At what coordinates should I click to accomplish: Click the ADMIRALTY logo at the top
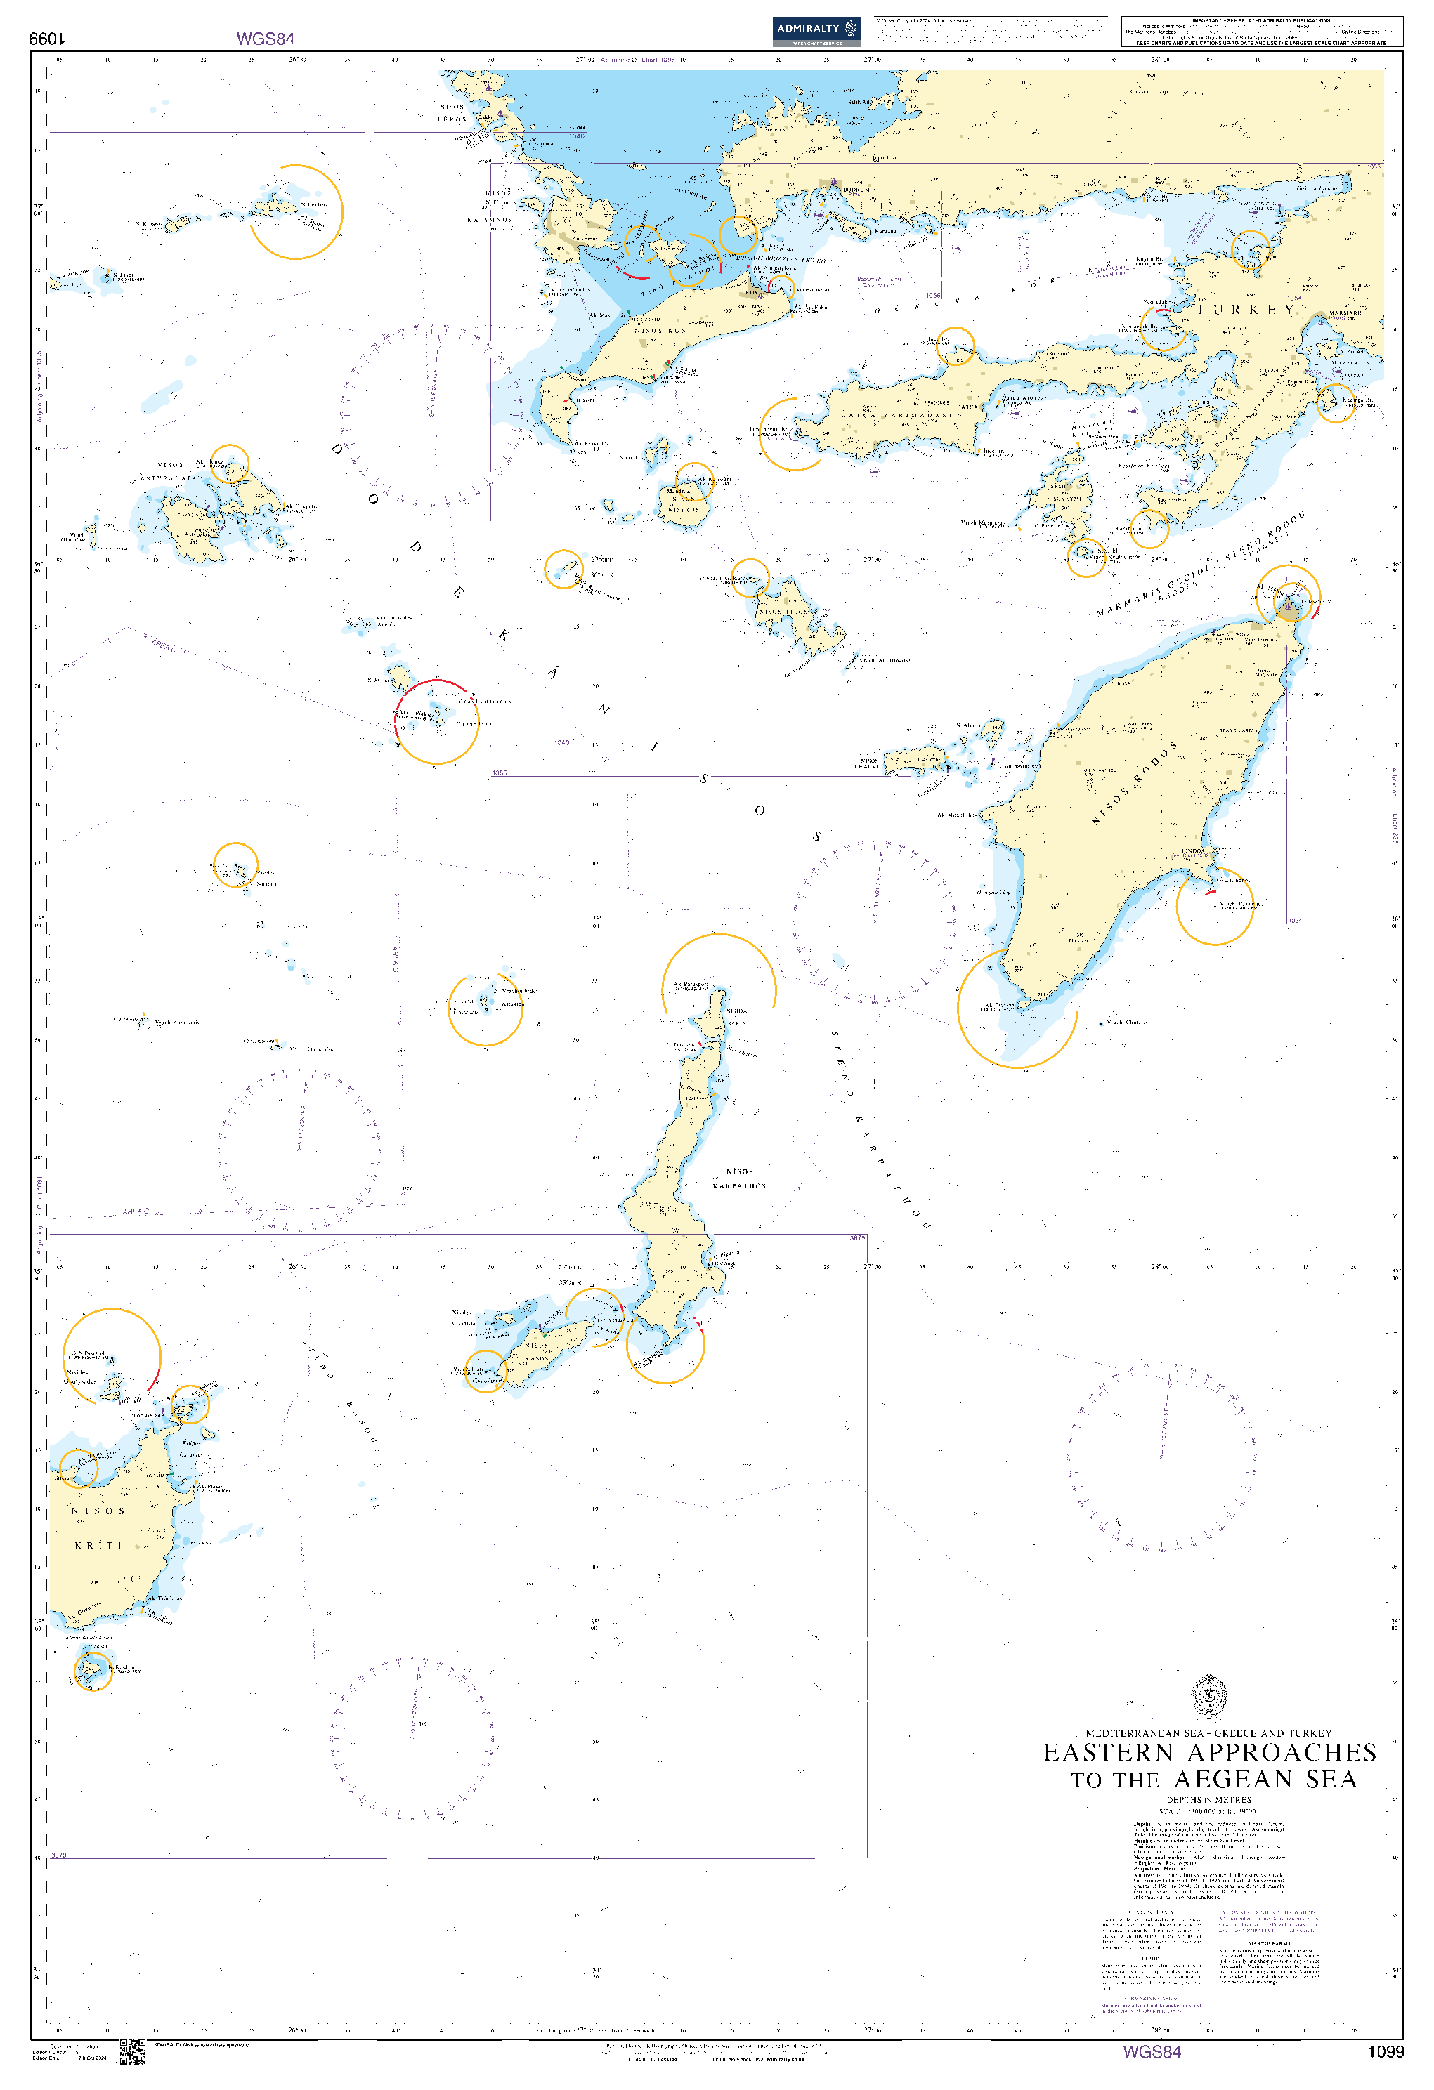[816, 31]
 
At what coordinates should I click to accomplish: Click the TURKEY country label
[1245, 310]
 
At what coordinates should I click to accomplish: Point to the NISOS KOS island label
[660, 331]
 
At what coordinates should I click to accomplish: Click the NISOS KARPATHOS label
[740, 1178]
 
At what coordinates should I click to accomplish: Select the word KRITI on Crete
[98, 1544]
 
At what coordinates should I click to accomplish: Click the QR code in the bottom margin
[132, 2051]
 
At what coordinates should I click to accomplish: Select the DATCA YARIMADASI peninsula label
[899, 416]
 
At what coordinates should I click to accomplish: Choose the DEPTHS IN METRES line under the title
[1208, 1799]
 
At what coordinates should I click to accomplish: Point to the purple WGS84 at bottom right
[1152, 2051]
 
